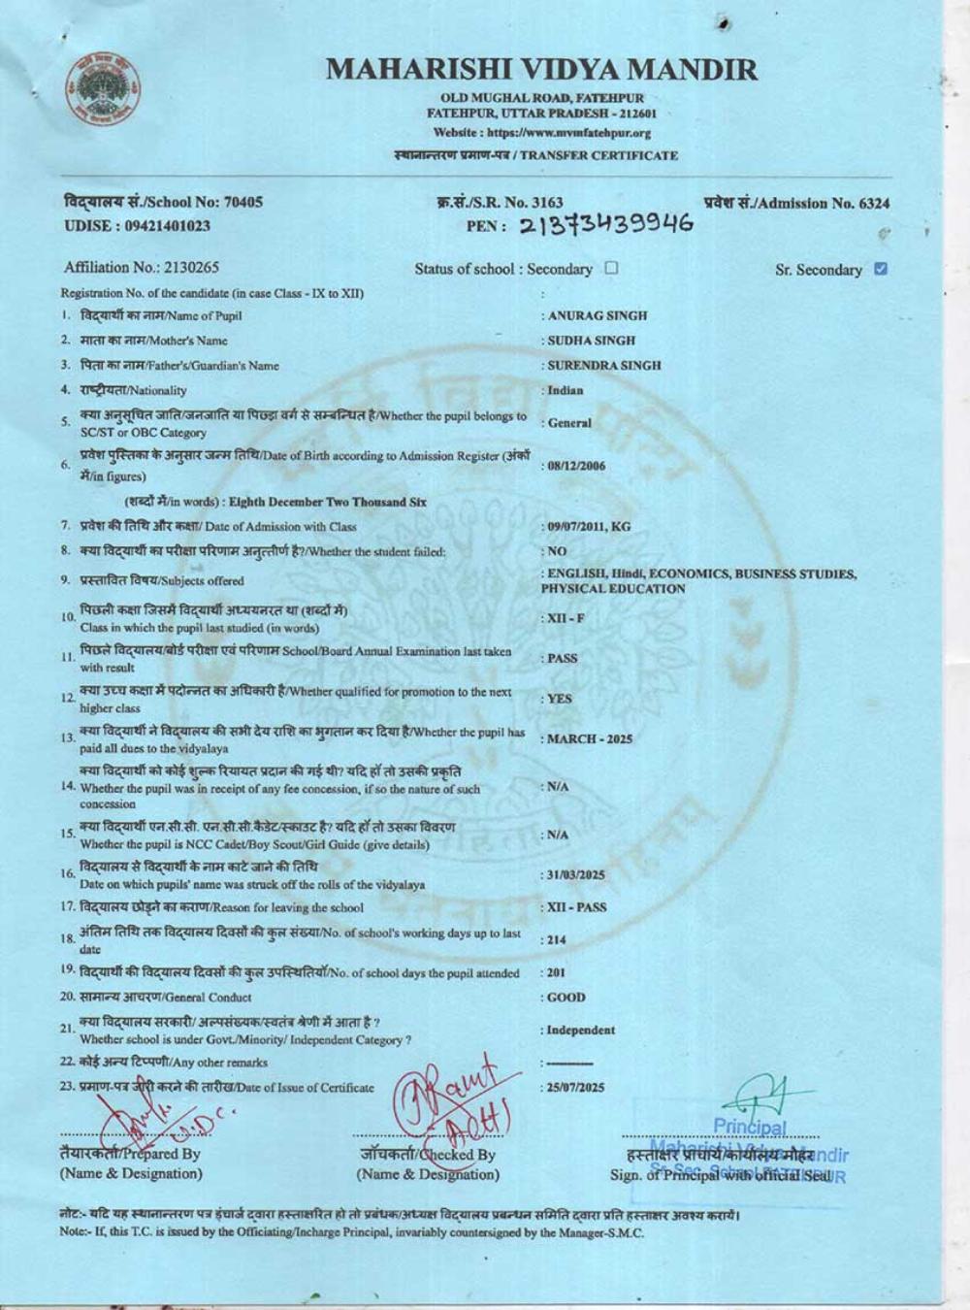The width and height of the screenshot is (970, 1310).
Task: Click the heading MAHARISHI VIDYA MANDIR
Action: (541, 69)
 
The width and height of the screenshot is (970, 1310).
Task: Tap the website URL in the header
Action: (541, 133)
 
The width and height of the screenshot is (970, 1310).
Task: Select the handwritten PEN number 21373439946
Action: (606, 225)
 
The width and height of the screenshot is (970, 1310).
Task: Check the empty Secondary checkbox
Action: (611, 268)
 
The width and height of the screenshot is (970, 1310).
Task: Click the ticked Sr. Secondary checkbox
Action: (880, 269)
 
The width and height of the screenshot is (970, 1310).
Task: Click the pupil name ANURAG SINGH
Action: (598, 315)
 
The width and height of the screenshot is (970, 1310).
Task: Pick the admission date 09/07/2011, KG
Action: (589, 527)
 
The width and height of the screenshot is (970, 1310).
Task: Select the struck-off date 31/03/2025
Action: (576, 875)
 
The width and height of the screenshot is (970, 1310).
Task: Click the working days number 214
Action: (556, 940)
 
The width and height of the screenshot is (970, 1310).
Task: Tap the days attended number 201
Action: (556, 972)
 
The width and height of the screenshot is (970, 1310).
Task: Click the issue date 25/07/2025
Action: (576, 1088)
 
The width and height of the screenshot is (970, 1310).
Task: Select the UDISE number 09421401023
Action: (165, 226)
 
